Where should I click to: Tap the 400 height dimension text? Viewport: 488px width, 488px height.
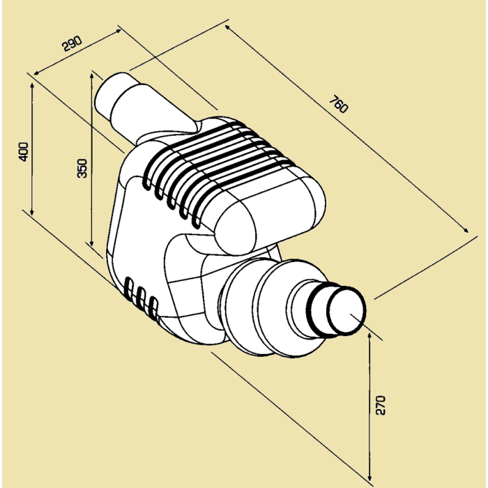23,151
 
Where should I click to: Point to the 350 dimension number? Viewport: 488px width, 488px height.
82,167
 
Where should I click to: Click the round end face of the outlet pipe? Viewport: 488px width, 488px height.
348,312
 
